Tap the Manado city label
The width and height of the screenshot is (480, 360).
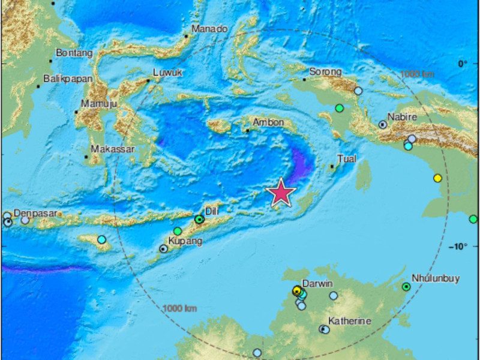[209, 29]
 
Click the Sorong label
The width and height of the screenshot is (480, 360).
[326, 72]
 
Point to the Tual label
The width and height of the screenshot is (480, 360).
[347, 159]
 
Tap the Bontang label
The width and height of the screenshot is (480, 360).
[74, 53]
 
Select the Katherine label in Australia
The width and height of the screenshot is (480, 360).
[349, 322]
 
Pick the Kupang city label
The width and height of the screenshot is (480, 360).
[185, 241]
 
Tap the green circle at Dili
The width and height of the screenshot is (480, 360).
[199, 220]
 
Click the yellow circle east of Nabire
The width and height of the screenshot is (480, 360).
[437, 178]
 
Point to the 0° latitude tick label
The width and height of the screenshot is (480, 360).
[462, 64]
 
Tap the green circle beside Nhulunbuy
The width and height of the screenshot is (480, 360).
[406, 287]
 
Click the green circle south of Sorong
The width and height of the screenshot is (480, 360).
[339, 109]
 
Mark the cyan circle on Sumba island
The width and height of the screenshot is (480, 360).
[101, 239]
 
